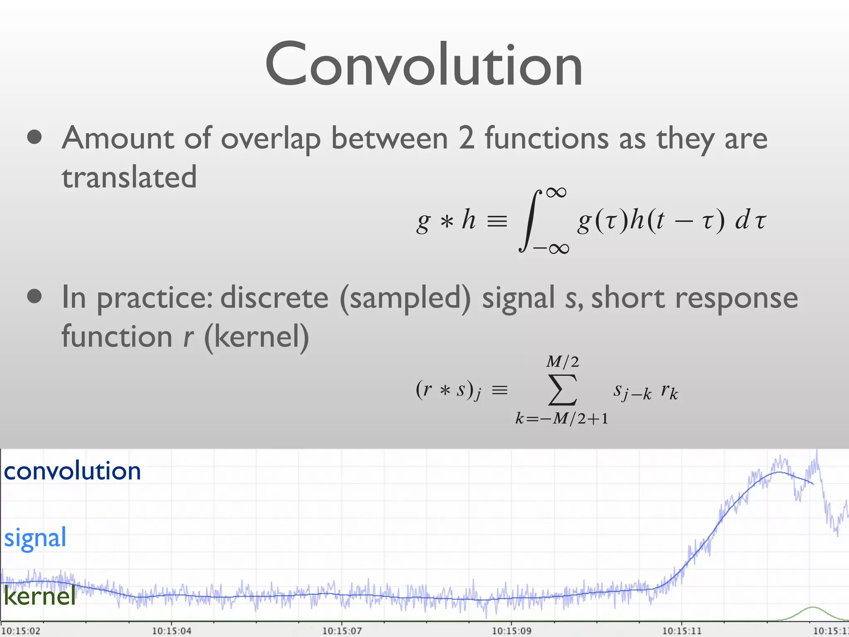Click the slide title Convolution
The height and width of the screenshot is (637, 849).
point(424,64)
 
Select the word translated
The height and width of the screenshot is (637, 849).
point(129,177)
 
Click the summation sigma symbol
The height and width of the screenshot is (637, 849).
point(562,390)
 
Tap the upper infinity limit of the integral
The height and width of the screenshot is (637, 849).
point(556,192)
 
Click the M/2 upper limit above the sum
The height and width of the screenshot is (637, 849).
point(562,362)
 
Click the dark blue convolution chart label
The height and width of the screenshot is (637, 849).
point(72,471)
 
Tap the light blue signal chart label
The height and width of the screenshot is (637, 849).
point(35,537)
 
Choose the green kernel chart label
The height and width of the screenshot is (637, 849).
point(40,596)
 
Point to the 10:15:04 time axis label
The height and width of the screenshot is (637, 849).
point(172,631)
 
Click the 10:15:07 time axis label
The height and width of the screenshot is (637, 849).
point(342,631)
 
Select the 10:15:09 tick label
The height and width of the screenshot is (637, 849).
point(512,631)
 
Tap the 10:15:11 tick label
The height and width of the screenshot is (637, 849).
point(682,631)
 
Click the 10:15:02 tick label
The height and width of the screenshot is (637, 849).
point(21,631)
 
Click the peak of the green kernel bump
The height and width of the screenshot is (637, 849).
point(812,608)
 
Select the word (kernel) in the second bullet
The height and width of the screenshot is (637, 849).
point(257,337)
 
